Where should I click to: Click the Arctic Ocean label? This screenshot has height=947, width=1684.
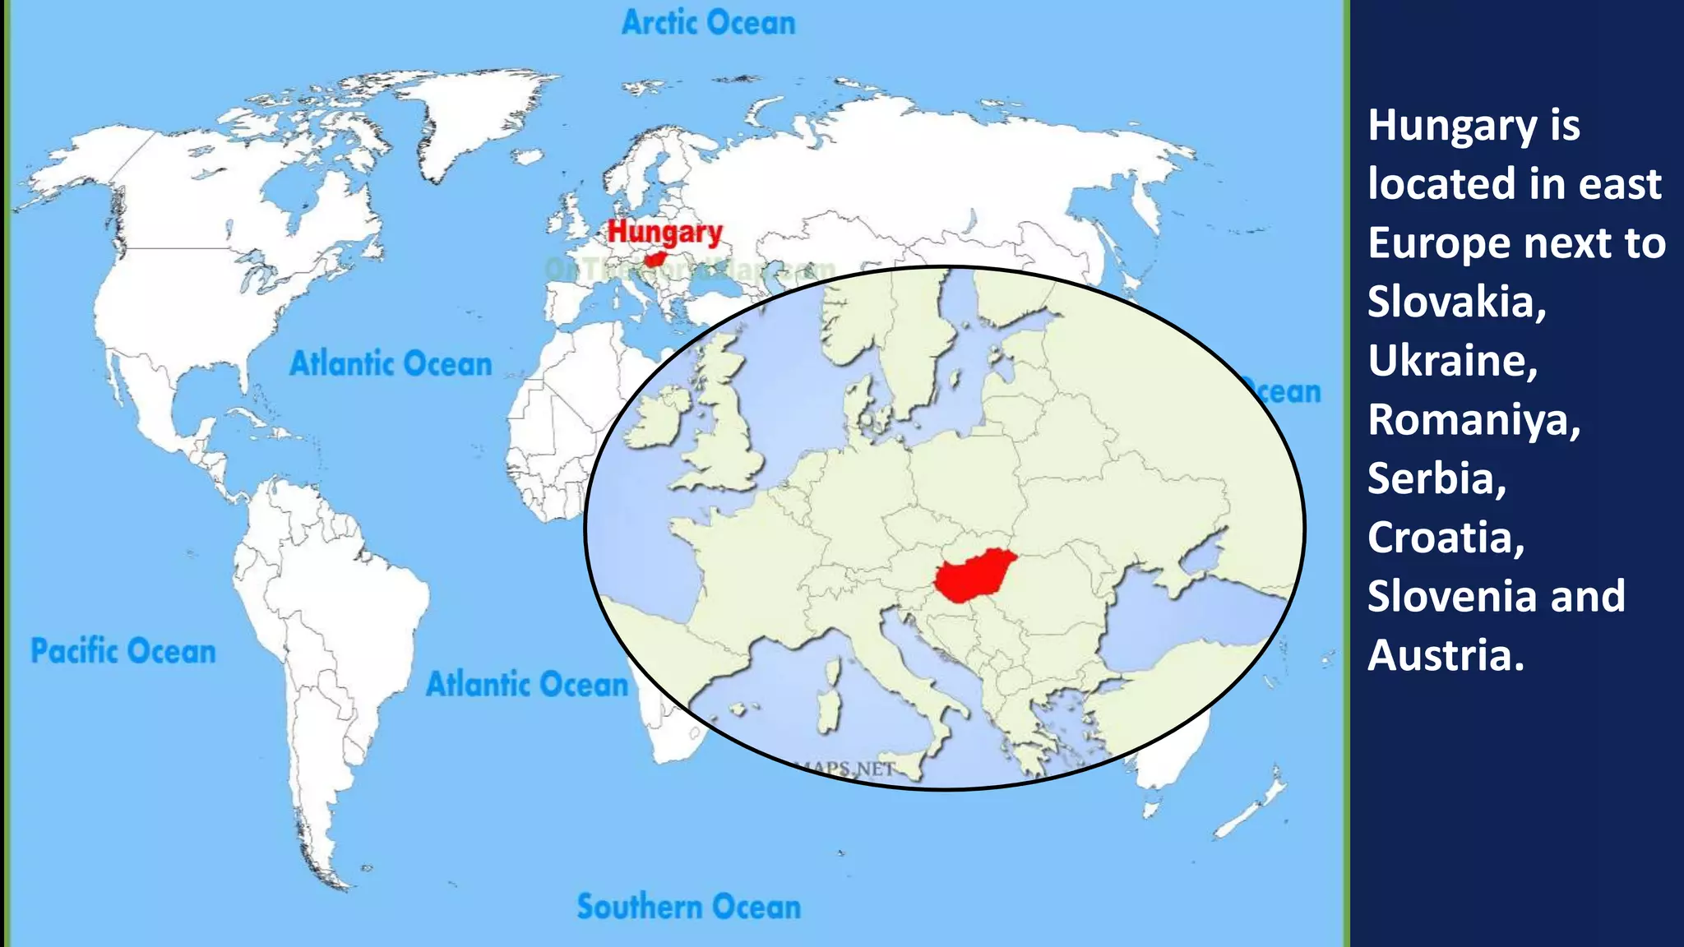(x=708, y=23)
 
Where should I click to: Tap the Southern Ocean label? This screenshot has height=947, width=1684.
(x=688, y=907)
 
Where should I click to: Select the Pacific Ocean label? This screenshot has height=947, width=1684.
(x=123, y=651)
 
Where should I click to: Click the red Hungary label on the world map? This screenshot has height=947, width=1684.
(x=664, y=233)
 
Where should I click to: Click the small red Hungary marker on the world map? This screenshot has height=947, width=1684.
(x=655, y=260)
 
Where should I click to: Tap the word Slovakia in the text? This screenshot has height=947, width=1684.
(x=1456, y=302)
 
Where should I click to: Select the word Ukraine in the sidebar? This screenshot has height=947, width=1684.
(x=1452, y=360)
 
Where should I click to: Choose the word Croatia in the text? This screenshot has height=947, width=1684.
(x=1446, y=538)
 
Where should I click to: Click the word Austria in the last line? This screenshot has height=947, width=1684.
(x=1446, y=655)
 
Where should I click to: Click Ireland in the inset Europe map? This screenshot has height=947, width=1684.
(x=658, y=419)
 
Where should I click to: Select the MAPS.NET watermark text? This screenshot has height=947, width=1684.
(x=847, y=769)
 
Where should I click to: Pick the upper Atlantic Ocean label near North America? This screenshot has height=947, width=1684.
(x=391, y=363)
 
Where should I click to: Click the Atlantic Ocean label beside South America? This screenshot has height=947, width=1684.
(x=527, y=684)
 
